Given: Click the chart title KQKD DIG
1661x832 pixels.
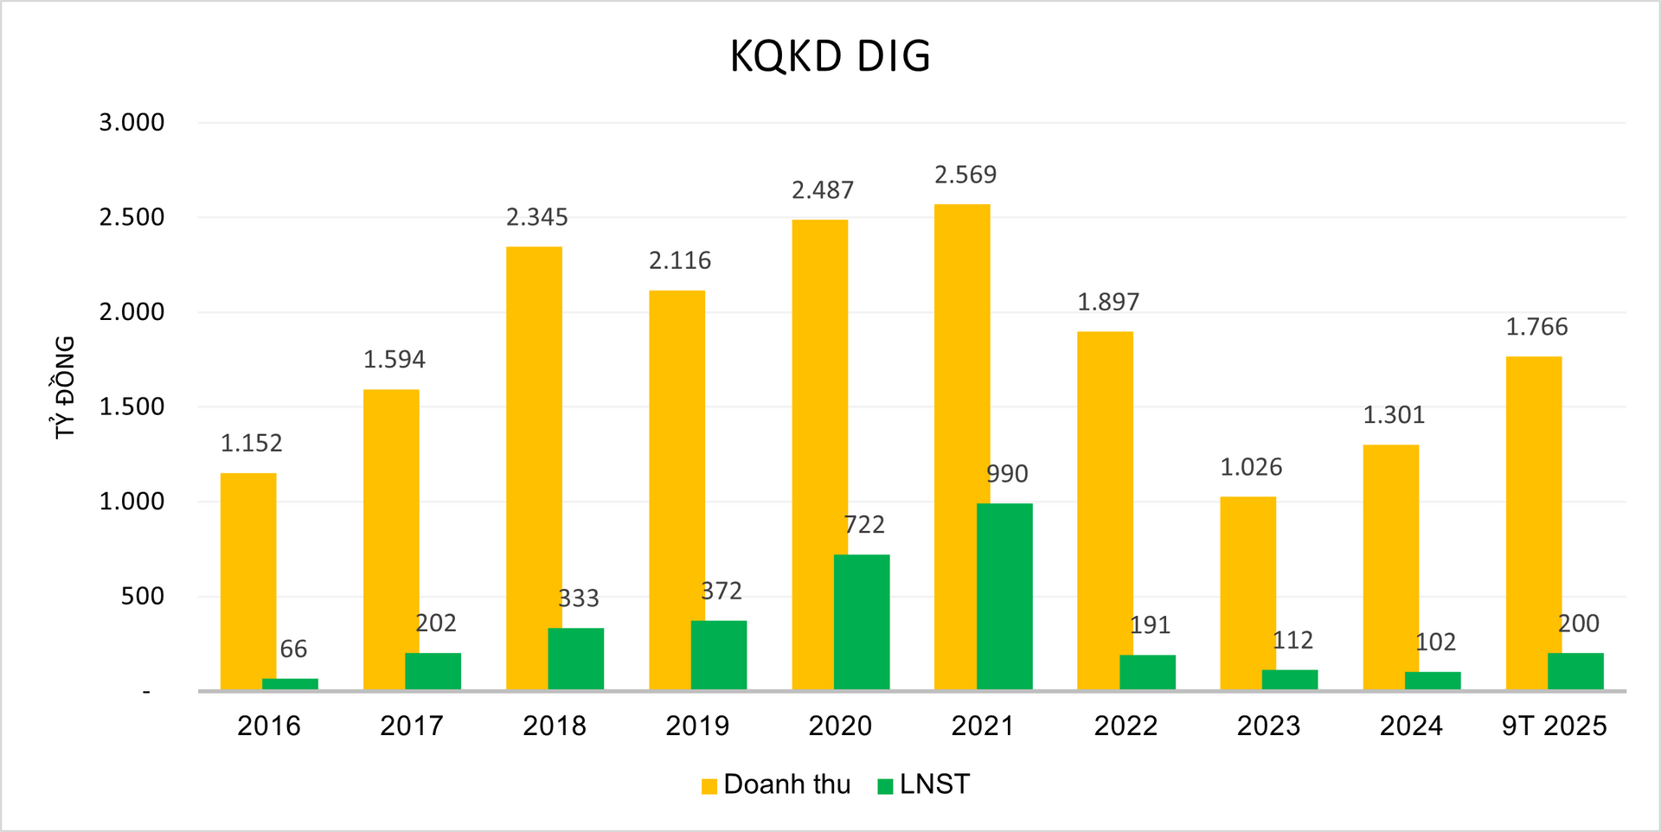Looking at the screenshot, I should (830, 57).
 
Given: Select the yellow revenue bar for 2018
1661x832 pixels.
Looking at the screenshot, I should (534, 467).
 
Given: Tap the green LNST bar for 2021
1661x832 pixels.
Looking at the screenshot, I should (1004, 596).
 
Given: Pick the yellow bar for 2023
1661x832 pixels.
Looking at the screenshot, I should (1247, 592).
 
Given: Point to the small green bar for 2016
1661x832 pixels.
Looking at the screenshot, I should (290, 684).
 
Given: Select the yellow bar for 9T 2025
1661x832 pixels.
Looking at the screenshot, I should (1533, 522).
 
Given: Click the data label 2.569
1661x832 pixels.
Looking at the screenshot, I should (965, 176).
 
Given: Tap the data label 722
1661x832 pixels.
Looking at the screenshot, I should (864, 525).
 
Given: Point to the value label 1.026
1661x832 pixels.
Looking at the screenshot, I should (1251, 468).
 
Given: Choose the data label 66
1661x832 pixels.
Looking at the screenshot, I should (293, 650).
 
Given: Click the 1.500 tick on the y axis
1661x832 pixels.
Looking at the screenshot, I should (131, 407).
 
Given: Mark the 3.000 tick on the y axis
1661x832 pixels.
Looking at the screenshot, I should (131, 123).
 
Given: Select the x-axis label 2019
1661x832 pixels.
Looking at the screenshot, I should (697, 726).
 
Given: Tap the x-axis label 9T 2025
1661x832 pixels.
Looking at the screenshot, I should (1554, 726).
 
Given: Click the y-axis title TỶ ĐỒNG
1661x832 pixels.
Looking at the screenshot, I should (65, 387).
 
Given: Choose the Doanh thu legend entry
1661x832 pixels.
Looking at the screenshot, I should (777, 784).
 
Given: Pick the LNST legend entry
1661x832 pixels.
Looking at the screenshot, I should (924, 784).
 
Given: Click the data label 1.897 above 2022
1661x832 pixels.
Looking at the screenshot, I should (1108, 303).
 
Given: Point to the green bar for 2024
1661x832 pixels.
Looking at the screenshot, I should (1433, 681).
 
